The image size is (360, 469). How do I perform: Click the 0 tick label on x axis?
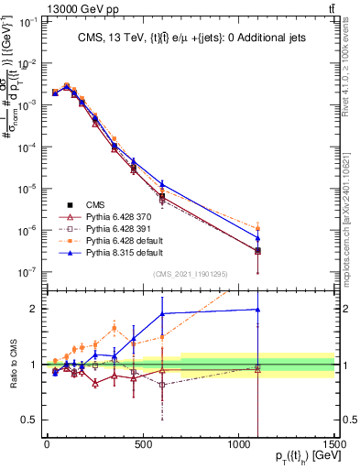click(48, 444)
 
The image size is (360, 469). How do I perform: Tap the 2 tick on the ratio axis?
click(32, 309)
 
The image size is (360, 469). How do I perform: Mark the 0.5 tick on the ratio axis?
click(27, 420)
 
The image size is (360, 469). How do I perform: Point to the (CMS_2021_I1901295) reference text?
click(191, 274)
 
